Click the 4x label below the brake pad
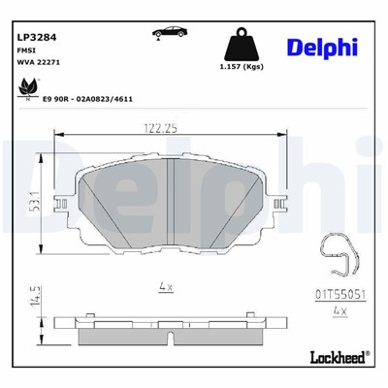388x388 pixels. [165, 287]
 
